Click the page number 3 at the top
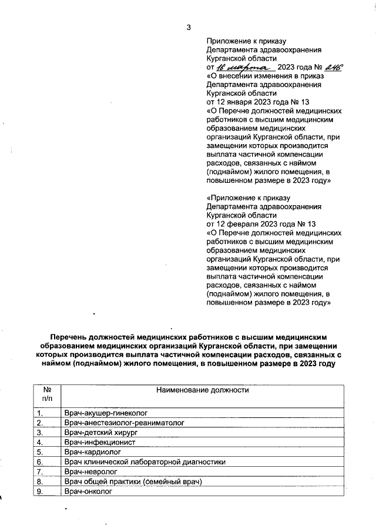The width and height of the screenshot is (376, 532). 188,27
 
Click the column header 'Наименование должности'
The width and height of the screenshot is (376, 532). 202,390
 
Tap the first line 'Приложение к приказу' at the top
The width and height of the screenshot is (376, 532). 246,42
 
